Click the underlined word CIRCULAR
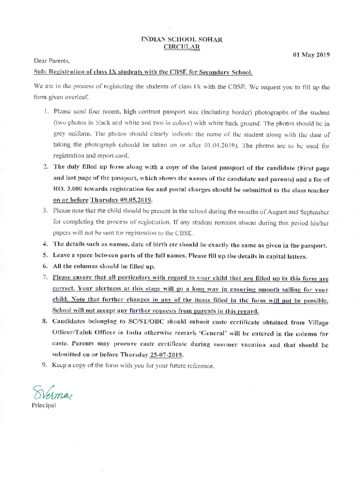pos(181,46)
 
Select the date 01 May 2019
pos(311,55)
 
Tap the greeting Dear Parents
pos(51,61)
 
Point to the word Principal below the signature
pos(43,405)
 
